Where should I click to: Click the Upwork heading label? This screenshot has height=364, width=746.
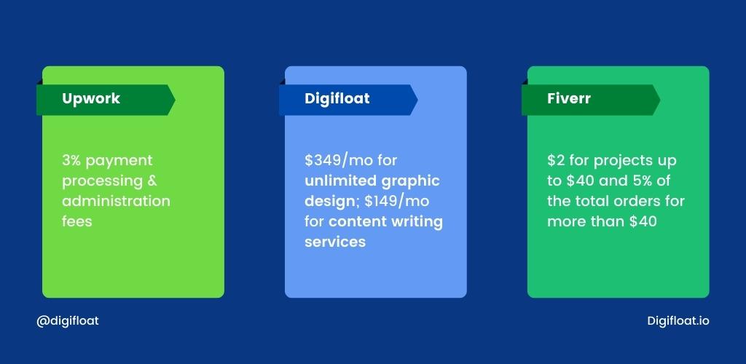pyautogui.click(x=91, y=99)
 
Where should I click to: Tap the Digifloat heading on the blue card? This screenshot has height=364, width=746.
pyautogui.click(x=337, y=98)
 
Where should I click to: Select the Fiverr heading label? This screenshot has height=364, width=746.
pyautogui.click(x=568, y=98)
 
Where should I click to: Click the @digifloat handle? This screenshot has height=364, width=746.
pyautogui.click(x=68, y=321)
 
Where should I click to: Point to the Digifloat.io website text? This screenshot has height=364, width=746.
pyautogui.click(x=678, y=321)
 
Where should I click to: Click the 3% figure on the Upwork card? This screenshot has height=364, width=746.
pyautogui.click(x=71, y=161)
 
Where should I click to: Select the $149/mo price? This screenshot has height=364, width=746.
pyautogui.click(x=397, y=201)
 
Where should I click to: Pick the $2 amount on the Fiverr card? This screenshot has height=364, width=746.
pyautogui.click(x=556, y=161)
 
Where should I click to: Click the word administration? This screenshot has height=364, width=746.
pyautogui.click(x=116, y=201)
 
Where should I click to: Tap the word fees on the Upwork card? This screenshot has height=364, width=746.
pyautogui.click(x=76, y=221)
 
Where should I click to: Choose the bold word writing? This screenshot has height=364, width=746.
pyautogui.click(x=417, y=222)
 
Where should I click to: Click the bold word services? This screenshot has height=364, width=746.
pyautogui.click(x=335, y=242)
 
